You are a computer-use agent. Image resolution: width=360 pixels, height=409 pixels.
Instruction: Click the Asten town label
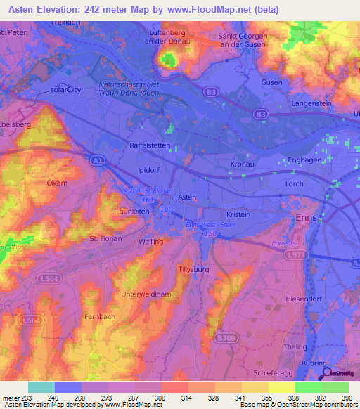click(x=186, y=197)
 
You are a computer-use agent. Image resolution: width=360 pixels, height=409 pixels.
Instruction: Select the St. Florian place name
click(x=105, y=239)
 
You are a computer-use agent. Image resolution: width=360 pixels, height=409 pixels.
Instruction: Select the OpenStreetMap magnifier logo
click(x=326, y=374)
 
